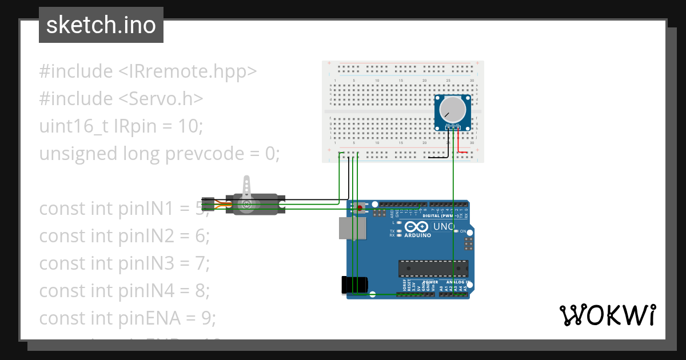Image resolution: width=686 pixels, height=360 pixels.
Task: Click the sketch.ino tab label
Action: pos(101,25)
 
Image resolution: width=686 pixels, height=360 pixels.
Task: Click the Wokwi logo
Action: pos(607,315)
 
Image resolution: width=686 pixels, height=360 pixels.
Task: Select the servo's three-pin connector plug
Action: pos(208,204)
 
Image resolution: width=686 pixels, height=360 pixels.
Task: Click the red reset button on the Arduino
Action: pos(359,207)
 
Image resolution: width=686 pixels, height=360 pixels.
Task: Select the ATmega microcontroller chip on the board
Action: pos(433,267)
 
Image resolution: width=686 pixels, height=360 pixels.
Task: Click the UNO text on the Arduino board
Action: pos(444,227)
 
